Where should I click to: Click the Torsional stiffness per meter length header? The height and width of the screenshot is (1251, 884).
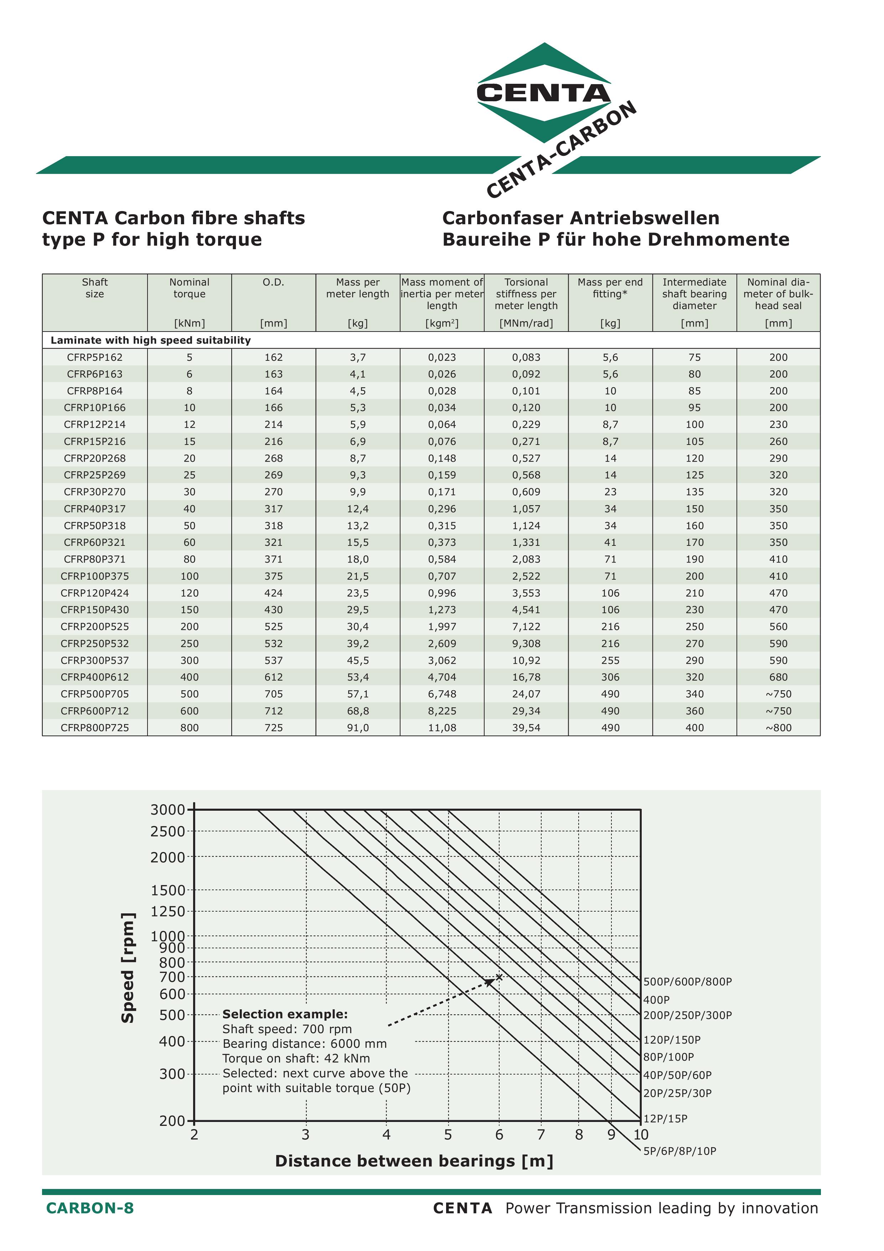click(x=526, y=294)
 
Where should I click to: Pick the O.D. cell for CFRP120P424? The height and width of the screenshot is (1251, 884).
click(x=273, y=593)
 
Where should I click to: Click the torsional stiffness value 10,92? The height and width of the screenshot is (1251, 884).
click(x=526, y=660)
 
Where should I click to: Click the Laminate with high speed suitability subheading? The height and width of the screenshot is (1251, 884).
click(x=151, y=340)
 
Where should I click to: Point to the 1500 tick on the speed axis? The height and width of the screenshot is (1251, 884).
click(x=168, y=890)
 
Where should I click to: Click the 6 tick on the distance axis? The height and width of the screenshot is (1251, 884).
click(x=499, y=1135)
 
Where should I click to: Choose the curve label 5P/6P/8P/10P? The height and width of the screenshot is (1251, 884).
click(x=680, y=1151)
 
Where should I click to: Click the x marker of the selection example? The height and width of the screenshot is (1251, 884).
click(x=499, y=977)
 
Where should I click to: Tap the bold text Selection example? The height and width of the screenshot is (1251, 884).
click(x=285, y=1014)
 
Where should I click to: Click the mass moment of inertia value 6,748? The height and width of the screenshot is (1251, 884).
click(x=442, y=694)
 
